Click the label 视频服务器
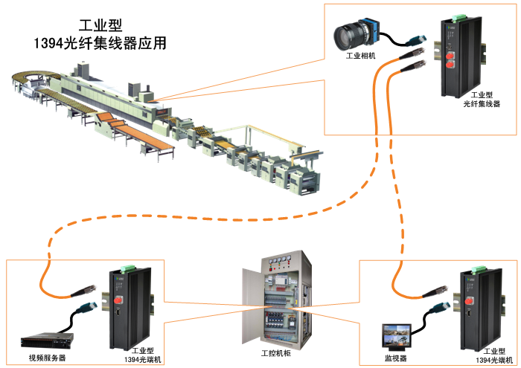pos(48,358)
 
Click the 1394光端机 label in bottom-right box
pos(495,354)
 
